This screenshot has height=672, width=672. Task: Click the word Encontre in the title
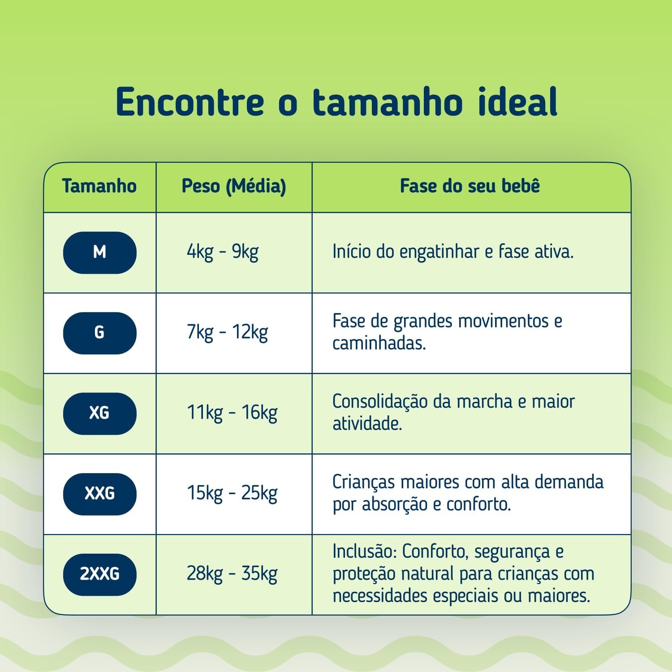pos(190,102)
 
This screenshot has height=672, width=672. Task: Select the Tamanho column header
pos(99,186)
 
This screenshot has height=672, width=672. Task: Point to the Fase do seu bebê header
pos(470,186)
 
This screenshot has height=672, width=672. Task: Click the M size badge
pos(99,252)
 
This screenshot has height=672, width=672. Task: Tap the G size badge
pos(99,333)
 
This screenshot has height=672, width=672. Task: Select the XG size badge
pos(99,413)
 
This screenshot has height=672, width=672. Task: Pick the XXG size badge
pos(99,494)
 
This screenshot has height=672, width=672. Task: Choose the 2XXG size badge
pos(99,574)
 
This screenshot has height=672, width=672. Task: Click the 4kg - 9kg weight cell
pos(223,253)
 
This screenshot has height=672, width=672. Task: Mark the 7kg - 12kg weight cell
pos(228,333)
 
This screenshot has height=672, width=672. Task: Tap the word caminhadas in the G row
pos(379,344)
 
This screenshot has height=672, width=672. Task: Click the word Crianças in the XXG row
pos(364,483)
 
